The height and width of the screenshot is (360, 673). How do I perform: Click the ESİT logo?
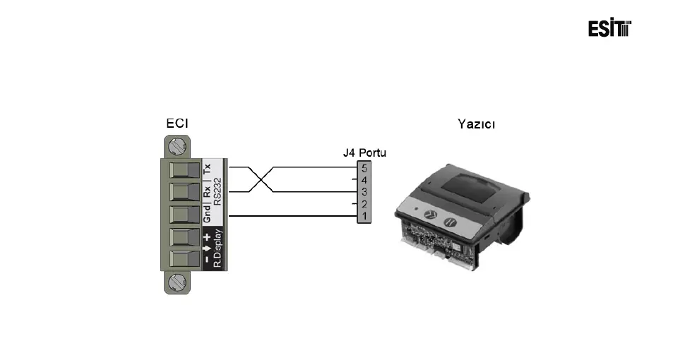click(609, 28)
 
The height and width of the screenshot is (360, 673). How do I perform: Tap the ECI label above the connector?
click(177, 124)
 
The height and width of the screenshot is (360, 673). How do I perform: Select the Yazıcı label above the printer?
click(476, 124)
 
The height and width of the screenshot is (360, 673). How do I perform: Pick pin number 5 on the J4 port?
click(364, 169)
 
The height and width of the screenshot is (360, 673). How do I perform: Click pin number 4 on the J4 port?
click(364, 180)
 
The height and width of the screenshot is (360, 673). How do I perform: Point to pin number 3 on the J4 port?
click(364, 191)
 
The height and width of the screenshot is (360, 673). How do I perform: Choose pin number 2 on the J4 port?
click(364, 203)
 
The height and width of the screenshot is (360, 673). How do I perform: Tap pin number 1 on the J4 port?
click(364, 215)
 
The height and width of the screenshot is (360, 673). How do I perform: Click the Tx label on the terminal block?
click(207, 169)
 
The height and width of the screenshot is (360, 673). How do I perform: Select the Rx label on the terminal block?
click(207, 191)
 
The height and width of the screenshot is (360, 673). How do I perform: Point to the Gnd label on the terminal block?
click(207, 214)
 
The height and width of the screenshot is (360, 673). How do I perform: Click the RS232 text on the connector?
click(218, 191)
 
